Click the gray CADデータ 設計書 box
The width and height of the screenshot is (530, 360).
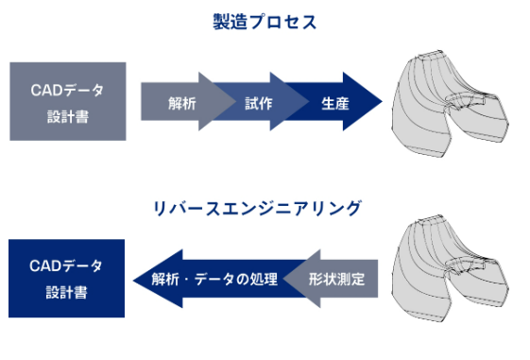[x=67, y=101]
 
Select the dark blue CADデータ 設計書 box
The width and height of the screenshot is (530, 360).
[x=67, y=279]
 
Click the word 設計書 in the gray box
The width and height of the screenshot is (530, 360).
[x=67, y=116]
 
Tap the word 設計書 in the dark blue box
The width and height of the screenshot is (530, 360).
[x=67, y=293]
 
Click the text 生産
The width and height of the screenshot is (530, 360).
[x=334, y=101]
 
